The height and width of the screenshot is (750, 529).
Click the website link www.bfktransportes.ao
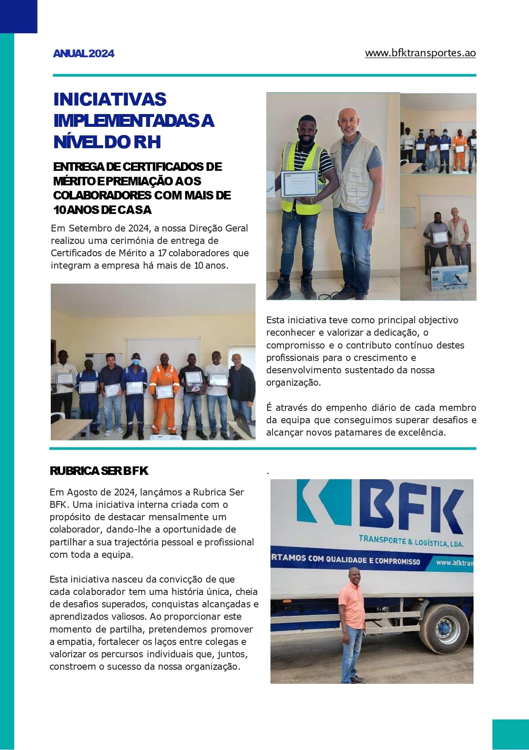(420, 53)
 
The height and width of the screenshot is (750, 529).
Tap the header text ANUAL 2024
(84, 53)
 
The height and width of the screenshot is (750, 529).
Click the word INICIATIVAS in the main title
(110, 100)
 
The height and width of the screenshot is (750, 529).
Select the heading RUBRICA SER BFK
(99, 471)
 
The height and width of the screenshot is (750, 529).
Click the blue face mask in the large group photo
(136, 362)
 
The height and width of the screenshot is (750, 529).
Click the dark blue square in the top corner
(18, 16)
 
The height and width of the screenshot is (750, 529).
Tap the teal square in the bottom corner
(510, 734)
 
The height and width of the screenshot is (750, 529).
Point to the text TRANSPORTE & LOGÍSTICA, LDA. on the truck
(410, 541)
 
